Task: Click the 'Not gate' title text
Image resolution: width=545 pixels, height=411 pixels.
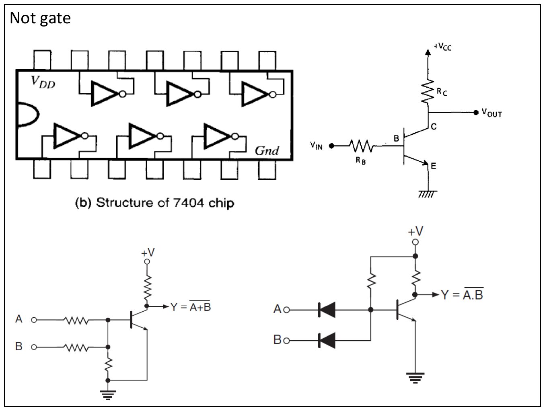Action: (40, 18)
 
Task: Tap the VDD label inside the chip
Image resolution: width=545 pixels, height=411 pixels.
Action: (43, 82)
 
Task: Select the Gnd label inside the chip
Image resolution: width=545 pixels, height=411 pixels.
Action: (267, 151)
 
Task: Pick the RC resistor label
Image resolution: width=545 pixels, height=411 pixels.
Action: (442, 92)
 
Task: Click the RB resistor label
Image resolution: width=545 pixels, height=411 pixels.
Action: (360, 160)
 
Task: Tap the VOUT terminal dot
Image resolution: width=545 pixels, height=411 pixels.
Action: (476, 113)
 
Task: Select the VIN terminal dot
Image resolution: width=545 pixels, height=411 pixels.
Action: (331, 146)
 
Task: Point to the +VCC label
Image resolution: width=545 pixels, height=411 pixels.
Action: (442, 46)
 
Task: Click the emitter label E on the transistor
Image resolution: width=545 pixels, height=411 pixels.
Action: (434, 166)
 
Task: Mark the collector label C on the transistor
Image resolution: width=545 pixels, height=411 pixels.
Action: (434, 127)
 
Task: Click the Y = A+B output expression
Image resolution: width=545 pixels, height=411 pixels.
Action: (191, 306)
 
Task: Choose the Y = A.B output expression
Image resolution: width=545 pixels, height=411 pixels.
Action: (462, 294)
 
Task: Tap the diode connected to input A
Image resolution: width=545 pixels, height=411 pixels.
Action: (327, 310)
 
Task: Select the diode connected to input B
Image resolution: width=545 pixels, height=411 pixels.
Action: (327, 341)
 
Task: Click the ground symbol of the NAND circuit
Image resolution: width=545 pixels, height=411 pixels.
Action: (415, 378)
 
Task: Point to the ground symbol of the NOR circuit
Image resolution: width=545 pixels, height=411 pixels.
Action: (108, 395)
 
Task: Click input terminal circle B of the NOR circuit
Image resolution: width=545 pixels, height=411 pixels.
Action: (34, 347)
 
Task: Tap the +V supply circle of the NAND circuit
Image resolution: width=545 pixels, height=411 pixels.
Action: (415, 242)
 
